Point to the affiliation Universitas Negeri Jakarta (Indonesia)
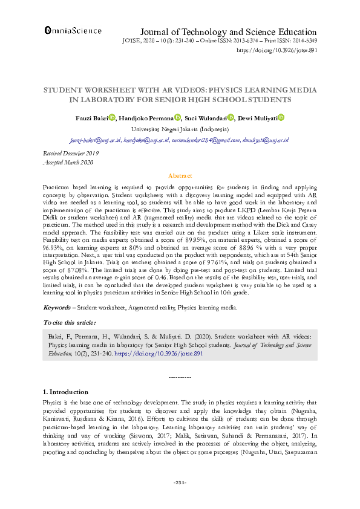pos(180,129)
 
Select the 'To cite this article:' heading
pos(70,323)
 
